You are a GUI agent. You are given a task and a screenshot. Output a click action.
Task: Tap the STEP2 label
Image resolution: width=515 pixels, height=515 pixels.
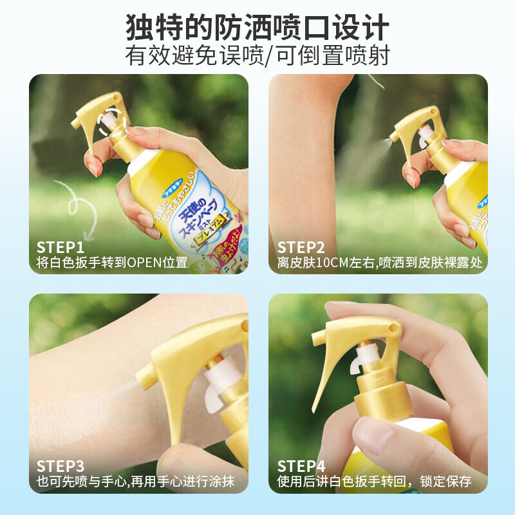point(301,247)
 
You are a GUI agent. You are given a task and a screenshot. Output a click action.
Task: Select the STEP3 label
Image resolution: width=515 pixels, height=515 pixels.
point(61,465)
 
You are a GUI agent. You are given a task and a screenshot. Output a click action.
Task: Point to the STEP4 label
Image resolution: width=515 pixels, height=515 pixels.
point(301,465)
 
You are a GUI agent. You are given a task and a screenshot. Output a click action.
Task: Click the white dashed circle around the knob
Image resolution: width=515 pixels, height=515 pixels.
point(111,122)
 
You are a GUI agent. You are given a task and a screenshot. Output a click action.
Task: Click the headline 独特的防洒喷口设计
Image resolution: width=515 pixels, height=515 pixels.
point(257,27)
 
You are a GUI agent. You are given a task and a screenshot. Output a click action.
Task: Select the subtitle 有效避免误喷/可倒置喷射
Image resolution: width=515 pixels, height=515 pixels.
point(257,56)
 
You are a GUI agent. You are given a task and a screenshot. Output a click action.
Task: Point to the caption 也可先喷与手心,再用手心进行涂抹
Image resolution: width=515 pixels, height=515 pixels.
point(136,482)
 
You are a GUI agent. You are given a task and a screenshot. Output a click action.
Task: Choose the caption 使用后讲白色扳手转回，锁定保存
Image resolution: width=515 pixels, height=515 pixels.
point(374,482)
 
